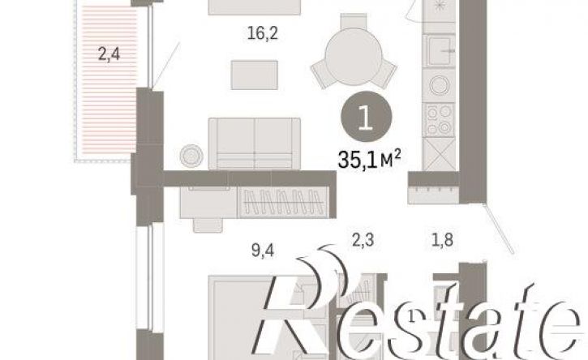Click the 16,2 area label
coord(263,34)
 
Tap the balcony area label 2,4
coord(109,54)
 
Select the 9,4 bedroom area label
coord(263,250)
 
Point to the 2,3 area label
coord(363,240)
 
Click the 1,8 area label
coord(443,240)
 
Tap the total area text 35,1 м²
coord(369,159)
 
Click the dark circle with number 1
coord(366,117)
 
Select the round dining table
coord(354,56)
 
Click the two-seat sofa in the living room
coord(255,144)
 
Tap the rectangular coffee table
coord(255,75)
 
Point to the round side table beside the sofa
coord(191,155)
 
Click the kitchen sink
coord(439,50)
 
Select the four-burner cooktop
coord(439,120)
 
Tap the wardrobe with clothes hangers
coord(284,203)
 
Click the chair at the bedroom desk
coord(208,225)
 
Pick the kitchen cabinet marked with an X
coord(439,154)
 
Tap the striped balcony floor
coord(109,80)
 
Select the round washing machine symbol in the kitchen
coord(439,85)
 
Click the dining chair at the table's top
coord(354,20)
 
